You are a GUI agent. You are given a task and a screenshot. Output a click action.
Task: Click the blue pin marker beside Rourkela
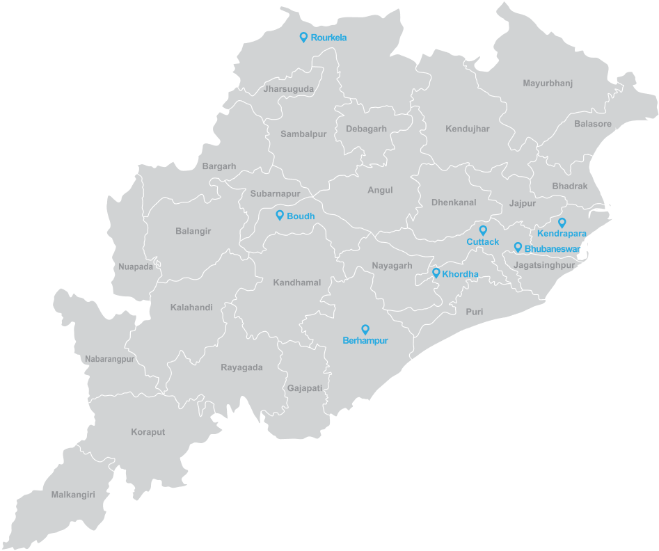[x=303, y=37]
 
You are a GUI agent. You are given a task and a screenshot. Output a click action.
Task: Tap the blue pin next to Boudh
[x=280, y=216]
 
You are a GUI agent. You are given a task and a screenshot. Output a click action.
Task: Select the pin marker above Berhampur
[x=365, y=329]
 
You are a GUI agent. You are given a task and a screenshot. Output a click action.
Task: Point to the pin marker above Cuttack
[x=482, y=230]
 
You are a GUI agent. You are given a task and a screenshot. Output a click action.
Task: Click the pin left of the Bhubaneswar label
[x=517, y=247]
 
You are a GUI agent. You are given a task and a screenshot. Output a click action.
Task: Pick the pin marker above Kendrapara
[x=562, y=223]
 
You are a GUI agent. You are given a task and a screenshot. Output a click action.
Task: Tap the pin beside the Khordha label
[x=436, y=273]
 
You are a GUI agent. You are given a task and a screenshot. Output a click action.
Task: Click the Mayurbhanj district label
[x=547, y=83]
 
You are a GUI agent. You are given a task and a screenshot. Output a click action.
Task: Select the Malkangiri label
[x=72, y=495]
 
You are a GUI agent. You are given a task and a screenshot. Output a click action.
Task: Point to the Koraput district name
[x=148, y=432]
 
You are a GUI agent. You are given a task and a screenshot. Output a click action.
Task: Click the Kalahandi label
[x=191, y=308]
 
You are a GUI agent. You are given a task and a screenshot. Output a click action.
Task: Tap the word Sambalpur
[x=303, y=134]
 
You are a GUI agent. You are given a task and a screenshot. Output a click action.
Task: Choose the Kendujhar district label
[x=468, y=129]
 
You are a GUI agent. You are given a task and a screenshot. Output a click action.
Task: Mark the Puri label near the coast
[x=474, y=312]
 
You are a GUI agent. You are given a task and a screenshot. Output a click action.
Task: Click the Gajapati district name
[x=305, y=388]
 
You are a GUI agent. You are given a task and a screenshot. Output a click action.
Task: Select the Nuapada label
[x=136, y=266]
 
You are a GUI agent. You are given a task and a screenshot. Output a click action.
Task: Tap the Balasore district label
[x=592, y=124]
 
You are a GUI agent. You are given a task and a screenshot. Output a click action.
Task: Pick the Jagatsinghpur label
[x=544, y=266]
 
